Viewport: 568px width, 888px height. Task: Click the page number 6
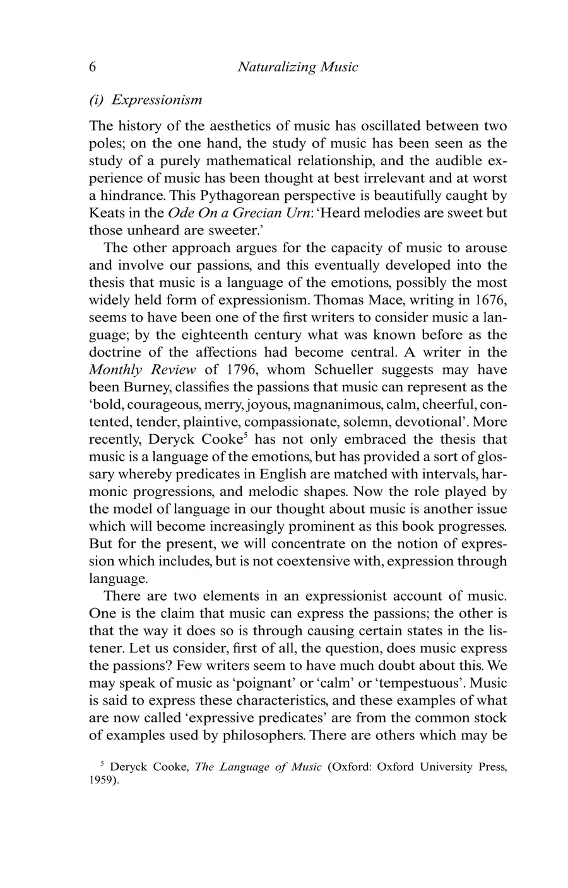click(93, 67)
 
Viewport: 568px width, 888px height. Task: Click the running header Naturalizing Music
click(297, 67)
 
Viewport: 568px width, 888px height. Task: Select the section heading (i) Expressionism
click(146, 100)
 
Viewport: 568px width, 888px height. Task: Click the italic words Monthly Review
click(142, 369)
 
